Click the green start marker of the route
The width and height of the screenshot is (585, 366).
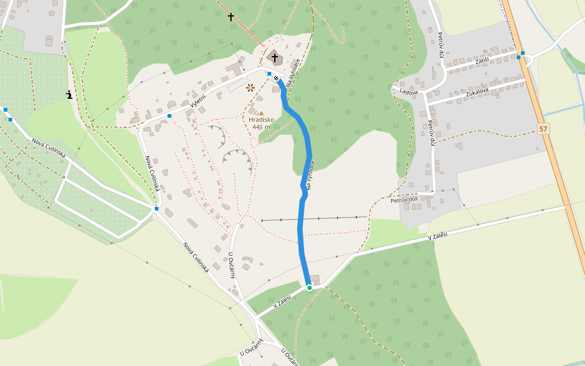(x=310, y=287)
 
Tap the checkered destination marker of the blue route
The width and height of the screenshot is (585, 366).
(x=276, y=78)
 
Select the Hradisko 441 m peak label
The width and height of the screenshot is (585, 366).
(x=261, y=123)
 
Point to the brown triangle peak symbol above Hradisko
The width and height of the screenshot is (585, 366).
(x=261, y=113)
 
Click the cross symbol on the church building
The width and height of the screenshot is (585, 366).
(x=275, y=58)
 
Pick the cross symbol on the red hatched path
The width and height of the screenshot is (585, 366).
(x=231, y=16)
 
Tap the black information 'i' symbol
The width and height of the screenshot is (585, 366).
(x=70, y=95)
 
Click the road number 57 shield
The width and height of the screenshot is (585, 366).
(x=544, y=129)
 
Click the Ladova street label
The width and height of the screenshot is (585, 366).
(x=408, y=92)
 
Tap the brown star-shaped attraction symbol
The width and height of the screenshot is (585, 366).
(x=250, y=87)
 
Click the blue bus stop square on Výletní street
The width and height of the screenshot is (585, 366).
(x=169, y=115)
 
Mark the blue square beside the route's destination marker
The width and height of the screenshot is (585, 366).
(x=269, y=74)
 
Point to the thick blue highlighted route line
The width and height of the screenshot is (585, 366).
(x=300, y=226)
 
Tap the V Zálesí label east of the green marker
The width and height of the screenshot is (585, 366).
(x=437, y=235)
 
